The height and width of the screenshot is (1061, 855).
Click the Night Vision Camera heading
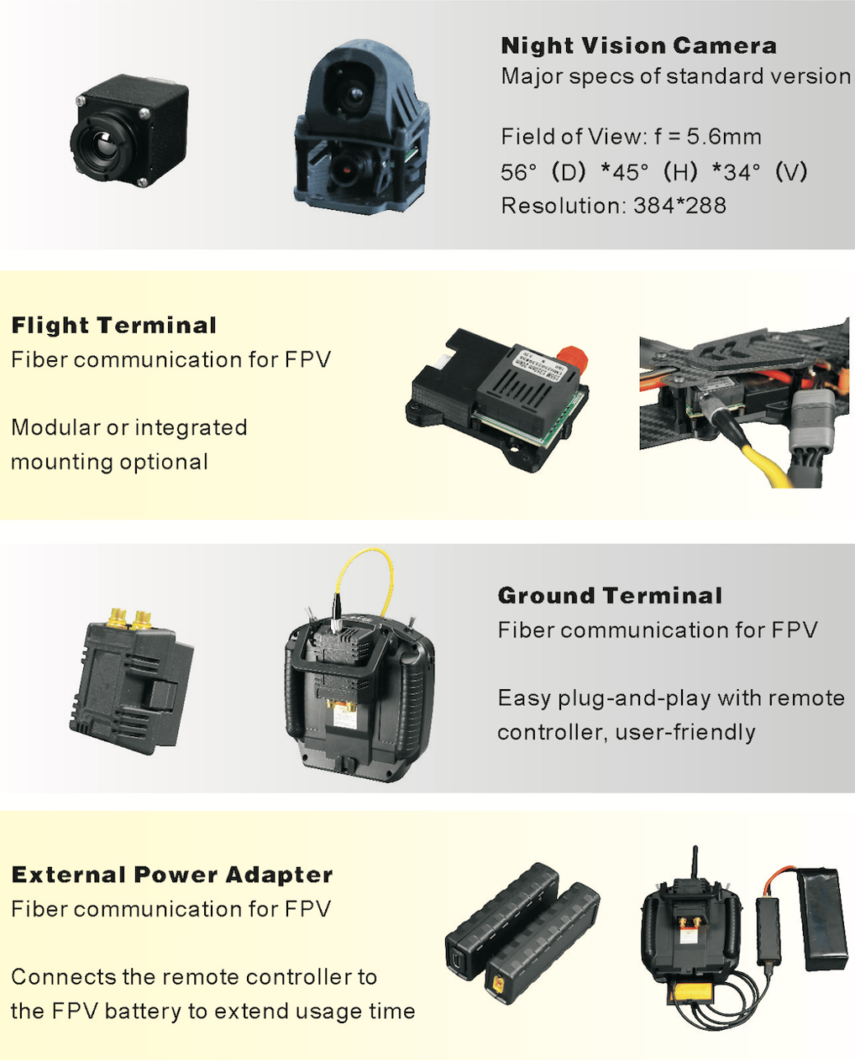click(x=638, y=46)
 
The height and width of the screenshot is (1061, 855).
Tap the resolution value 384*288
click(x=679, y=206)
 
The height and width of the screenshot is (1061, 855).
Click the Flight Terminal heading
click(x=113, y=326)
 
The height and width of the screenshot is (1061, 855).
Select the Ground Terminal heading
click(x=610, y=596)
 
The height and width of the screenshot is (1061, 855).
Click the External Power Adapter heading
click(x=171, y=875)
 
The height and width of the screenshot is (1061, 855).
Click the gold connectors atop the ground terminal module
click(x=129, y=619)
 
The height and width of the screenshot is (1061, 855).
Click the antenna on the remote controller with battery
click(x=695, y=863)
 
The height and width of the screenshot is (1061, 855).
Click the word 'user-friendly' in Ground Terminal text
click(x=685, y=733)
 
